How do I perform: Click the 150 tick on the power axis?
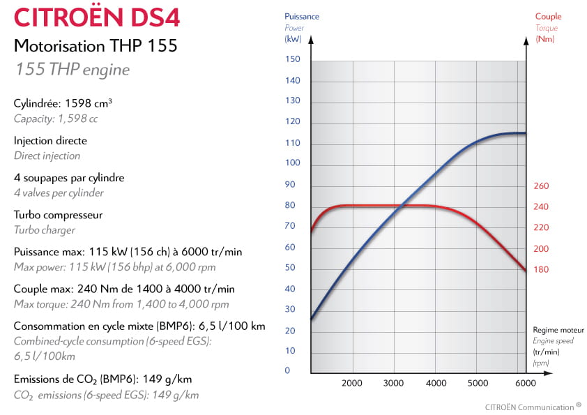[292, 59]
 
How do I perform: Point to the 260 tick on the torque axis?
[541, 186]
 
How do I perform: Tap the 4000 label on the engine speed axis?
[436, 383]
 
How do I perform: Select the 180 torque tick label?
[541, 269]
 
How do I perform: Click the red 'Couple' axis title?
[548, 17]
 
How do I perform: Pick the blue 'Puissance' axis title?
[300, 17]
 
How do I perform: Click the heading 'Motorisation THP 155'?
[96, 46]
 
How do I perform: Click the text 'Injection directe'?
[50, 140]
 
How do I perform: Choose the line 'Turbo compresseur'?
[58, 214]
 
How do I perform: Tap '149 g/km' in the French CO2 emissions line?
[167, 379]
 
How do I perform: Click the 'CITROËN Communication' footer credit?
[529, 406]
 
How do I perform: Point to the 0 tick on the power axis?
[287, 370]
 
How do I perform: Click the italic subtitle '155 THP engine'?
[71, 70]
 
